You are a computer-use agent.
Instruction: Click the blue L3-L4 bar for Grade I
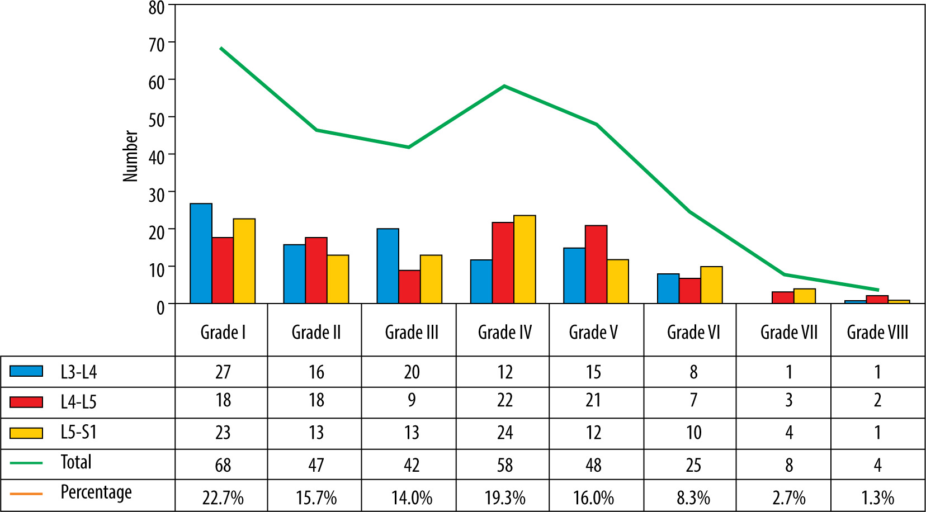tap(201, 254)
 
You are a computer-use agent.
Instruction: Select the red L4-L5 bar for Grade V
tap(596, 264)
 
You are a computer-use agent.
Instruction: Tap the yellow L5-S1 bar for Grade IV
tap(525, 259)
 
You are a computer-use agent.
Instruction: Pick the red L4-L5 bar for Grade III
tap(409, 287)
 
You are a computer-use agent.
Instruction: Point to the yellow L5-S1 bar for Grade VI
tap(711, 285)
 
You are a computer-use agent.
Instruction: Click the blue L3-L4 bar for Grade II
tap(294, 274)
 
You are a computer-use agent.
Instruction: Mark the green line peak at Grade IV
tap(504, 86)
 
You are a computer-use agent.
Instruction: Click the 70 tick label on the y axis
tap(157, 44)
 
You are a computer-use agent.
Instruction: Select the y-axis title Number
tap(130, 156)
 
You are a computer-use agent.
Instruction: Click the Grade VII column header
tap(788, 333)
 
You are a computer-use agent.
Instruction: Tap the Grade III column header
tap(412, 333)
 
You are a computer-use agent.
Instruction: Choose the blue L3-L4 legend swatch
tap(26, 371)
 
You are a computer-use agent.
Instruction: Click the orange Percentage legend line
tap(26, 494)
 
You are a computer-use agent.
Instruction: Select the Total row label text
tap(76, 462)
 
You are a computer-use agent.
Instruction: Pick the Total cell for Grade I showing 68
tap(223, 464)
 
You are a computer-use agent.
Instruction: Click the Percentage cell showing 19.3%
tap(504, 497)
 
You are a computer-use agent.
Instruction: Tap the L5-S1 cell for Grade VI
tap(693, 433)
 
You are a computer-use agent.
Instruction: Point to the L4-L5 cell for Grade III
tap(412, 400)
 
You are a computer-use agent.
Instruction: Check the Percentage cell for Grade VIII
tap(877, 497)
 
